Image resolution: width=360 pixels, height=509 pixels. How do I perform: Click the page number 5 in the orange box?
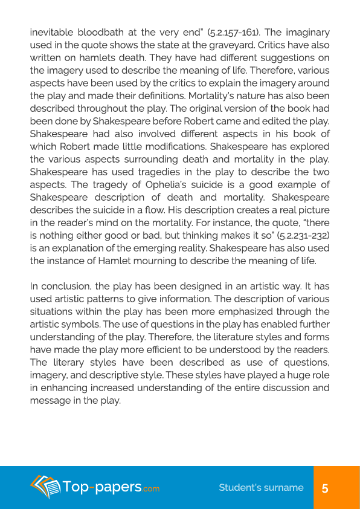pos(325,488)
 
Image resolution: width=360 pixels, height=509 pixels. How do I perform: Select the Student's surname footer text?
pos(261,488)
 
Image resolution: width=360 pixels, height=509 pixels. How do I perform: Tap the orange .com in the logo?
pos(152,489)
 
